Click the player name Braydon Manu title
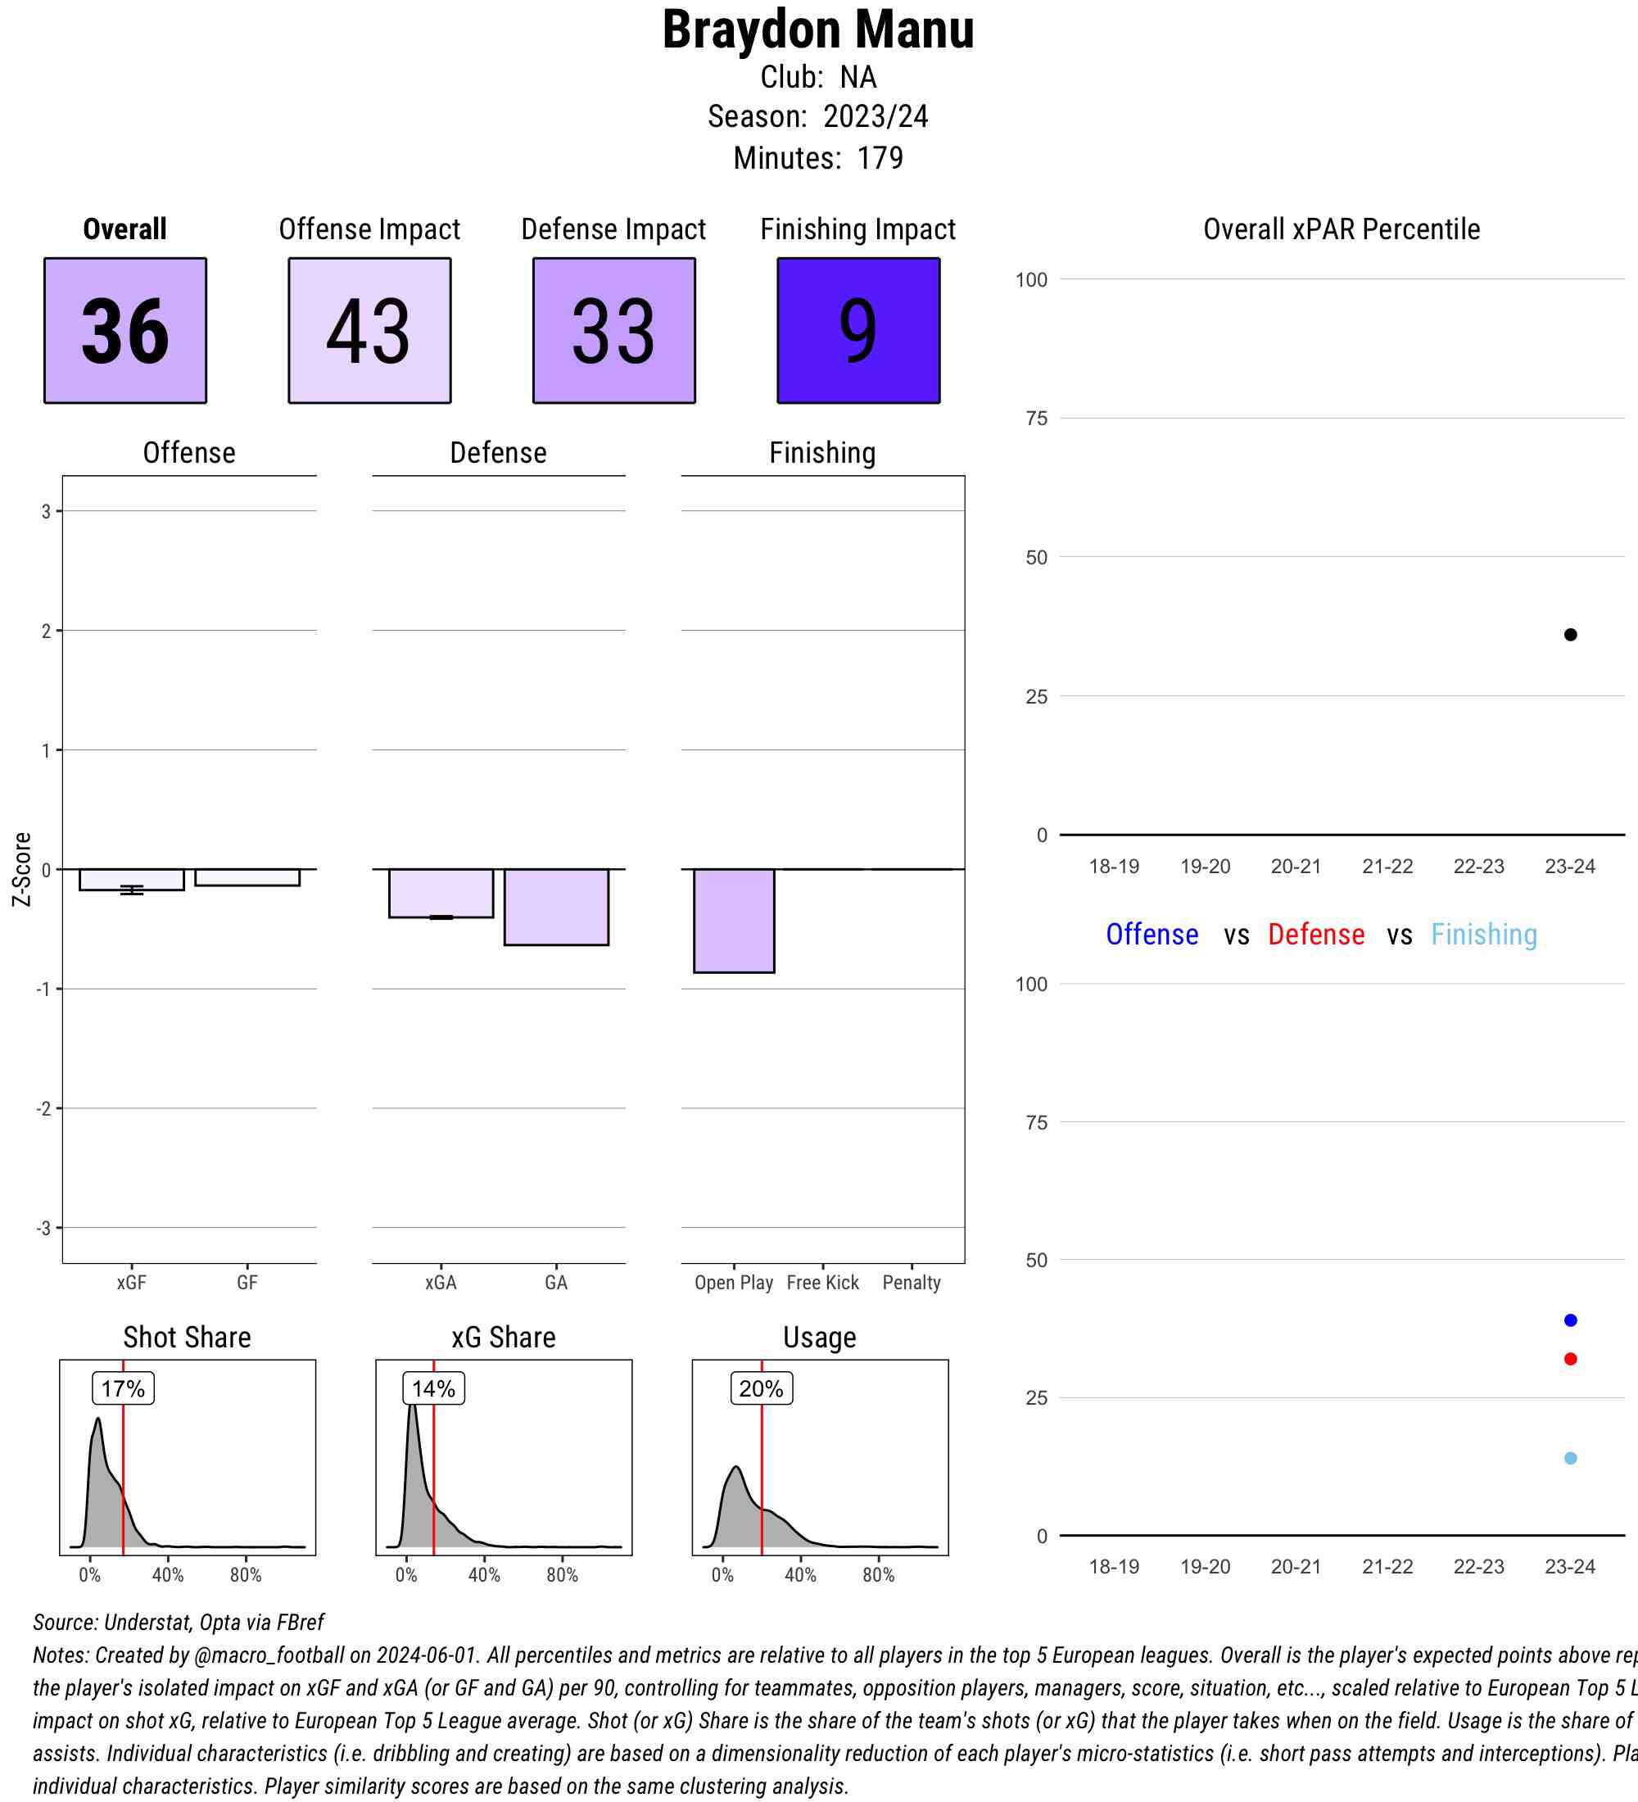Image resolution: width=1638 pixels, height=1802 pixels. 817,30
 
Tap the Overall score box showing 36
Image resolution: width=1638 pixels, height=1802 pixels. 125,331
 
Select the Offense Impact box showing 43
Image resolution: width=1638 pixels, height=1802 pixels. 369,331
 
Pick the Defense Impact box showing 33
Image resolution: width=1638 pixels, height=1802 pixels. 614,331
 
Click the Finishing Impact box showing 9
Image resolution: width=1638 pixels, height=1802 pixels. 857,331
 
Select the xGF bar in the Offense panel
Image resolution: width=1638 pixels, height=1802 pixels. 131,880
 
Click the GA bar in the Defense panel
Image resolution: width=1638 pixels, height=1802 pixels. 556,907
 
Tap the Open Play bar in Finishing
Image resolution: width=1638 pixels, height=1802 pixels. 734,920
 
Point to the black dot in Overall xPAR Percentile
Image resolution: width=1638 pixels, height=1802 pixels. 1570,635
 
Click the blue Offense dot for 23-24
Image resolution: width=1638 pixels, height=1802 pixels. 1570,1320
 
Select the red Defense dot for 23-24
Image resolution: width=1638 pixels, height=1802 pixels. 1570,1359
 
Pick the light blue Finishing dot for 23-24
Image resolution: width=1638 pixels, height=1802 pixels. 1570,1458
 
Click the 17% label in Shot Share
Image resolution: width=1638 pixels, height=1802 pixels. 124,1388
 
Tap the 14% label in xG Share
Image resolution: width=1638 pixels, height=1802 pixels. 433,1388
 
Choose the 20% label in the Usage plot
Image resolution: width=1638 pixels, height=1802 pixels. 762,1388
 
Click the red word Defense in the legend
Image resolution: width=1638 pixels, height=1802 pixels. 1315,934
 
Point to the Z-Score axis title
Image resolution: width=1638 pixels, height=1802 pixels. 22,869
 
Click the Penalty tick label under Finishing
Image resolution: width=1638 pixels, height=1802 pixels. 912,1283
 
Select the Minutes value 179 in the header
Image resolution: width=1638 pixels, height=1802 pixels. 880,158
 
